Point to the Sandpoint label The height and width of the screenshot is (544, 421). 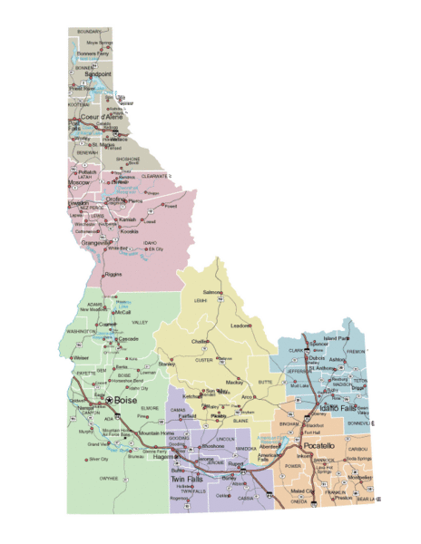91,76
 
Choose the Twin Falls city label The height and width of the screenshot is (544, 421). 191,480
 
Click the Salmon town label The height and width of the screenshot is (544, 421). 211,292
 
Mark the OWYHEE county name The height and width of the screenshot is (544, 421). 109,477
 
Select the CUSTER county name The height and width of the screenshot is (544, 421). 205,360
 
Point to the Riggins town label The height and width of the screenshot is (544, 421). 113,273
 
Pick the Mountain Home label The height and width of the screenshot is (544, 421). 155,433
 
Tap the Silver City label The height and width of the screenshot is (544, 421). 97,460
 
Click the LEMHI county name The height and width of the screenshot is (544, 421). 200,300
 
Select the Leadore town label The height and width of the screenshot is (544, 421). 240,325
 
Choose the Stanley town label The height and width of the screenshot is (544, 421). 166,364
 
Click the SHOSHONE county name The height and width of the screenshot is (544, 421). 128,160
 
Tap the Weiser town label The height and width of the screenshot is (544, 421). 81,357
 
